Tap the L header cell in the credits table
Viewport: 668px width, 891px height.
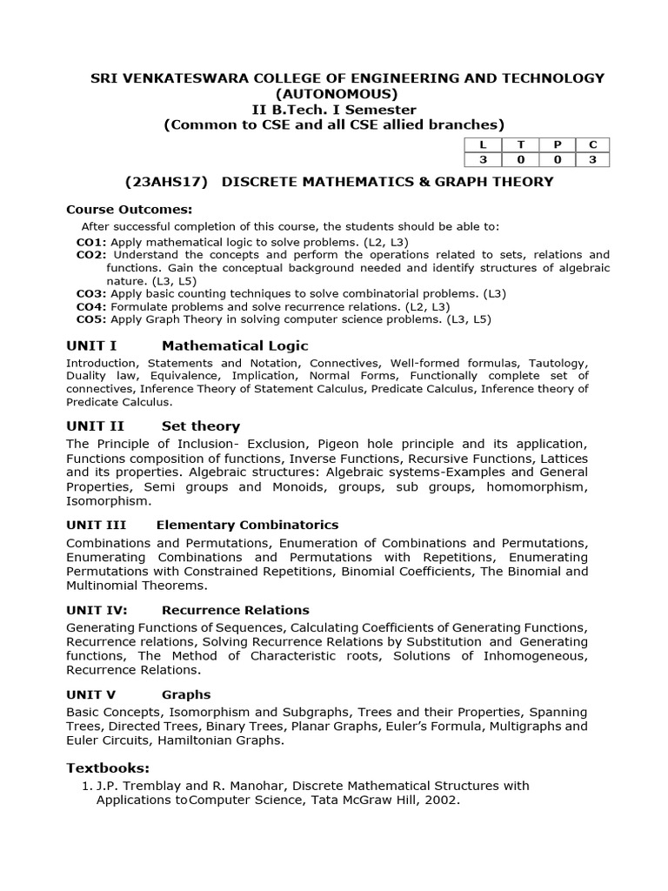coord(478,144)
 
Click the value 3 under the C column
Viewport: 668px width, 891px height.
coord(591,159)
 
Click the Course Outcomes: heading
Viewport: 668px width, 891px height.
coord(130,210)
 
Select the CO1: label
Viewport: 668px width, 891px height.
coord(91,241)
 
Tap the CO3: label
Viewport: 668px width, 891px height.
coord(91,293)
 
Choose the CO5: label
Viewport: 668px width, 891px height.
coord(91,319)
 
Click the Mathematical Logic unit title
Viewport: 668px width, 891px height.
coord(235,346)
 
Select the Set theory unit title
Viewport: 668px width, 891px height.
coord(201,426)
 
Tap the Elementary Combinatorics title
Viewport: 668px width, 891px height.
coord(247,525)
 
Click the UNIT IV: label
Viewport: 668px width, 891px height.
coord(97,610)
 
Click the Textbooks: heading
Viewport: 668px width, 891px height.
coord(108,767)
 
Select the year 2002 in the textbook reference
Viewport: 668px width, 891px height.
coord(440,801)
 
